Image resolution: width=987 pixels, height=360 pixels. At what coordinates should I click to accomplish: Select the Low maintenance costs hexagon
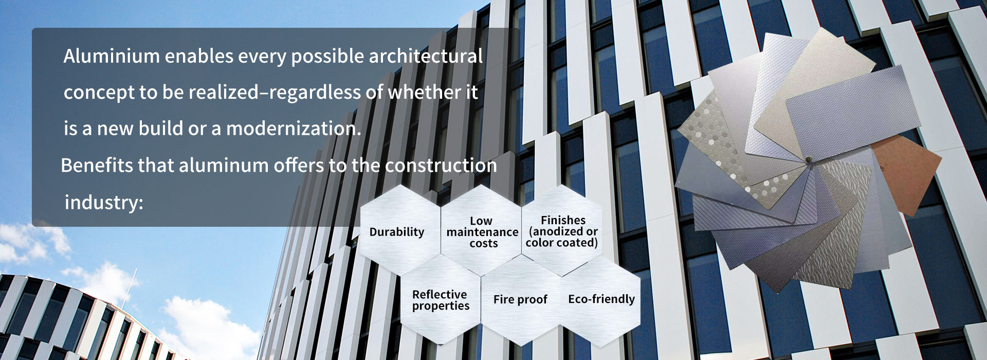click(481, 231)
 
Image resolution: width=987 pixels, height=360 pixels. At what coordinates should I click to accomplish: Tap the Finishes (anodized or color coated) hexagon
click(562, 231)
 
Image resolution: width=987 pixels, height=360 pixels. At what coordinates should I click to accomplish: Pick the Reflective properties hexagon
click(441, 301)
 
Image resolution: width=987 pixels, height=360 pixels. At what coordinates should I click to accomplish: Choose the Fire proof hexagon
click(521, 301)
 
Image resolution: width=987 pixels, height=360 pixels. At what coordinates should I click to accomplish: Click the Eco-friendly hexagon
click(601, 301)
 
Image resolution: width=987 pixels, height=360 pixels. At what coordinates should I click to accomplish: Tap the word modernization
click(294, 129)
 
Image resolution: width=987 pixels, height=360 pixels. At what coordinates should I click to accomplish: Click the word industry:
click(104, 203)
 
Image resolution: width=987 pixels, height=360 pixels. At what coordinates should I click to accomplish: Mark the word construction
click(441, 166)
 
